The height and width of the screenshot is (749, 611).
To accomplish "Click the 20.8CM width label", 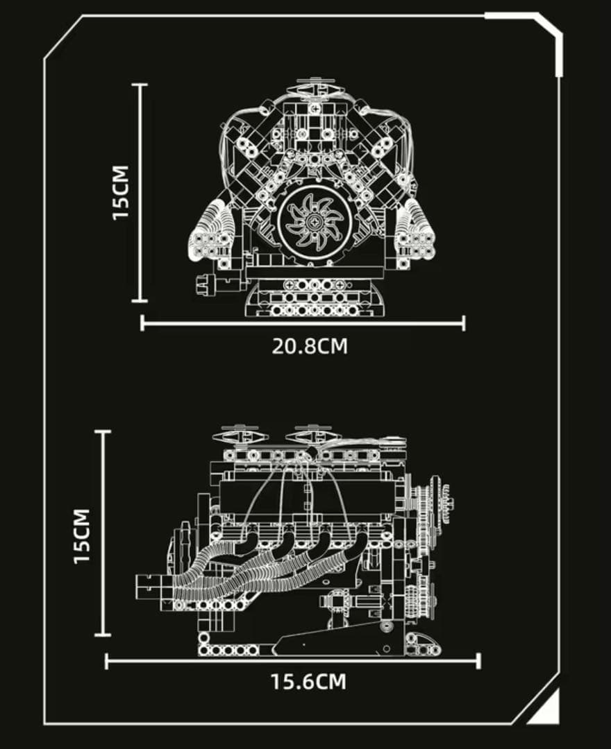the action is (x=310, y=346).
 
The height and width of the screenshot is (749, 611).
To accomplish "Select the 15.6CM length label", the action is (x=308, y=682).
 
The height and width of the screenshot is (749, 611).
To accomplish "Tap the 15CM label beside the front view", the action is (x=121, y=193).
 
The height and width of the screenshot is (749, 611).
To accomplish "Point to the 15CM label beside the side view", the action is (x=82, y=536).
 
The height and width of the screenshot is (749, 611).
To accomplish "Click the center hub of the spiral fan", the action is (x=315, y=221).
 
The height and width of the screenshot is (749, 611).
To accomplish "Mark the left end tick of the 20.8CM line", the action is (x=142, y=323).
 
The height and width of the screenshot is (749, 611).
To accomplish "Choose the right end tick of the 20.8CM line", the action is (x=463, y=323).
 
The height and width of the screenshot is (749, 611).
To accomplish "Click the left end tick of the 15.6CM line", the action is (x=106, y=662).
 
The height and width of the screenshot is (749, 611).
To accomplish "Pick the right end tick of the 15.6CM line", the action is (x=478, y=662).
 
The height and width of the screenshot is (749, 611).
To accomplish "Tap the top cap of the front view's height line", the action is (x=139, y=85).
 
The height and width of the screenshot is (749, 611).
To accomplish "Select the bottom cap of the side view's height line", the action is (x=103, y=635).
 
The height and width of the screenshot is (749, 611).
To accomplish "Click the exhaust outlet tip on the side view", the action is (x=151, y=587).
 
